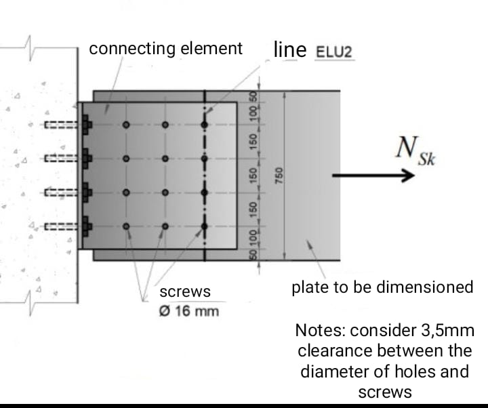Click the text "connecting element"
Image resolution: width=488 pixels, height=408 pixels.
point(165,49)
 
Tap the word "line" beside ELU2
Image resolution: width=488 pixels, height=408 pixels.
point(291,49)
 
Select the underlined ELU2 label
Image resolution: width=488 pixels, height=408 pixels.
point(335,52)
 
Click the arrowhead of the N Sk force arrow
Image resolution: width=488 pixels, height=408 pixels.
point(407,176)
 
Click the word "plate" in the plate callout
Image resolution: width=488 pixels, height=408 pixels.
point(308,287)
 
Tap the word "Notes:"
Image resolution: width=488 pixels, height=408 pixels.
point(320,331)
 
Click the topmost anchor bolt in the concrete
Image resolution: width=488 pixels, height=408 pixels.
point(65,125)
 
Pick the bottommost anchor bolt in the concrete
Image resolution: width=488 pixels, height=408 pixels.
point(65,226)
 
